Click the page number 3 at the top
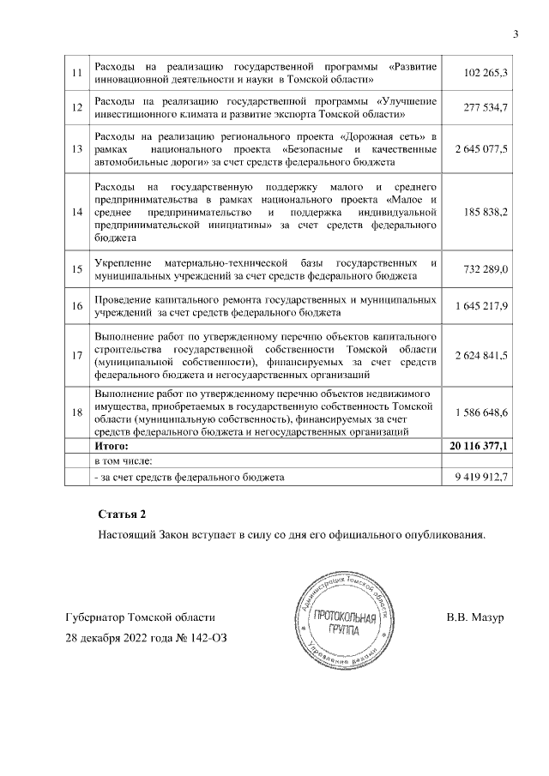(516, 34)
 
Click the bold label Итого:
(111, 447)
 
